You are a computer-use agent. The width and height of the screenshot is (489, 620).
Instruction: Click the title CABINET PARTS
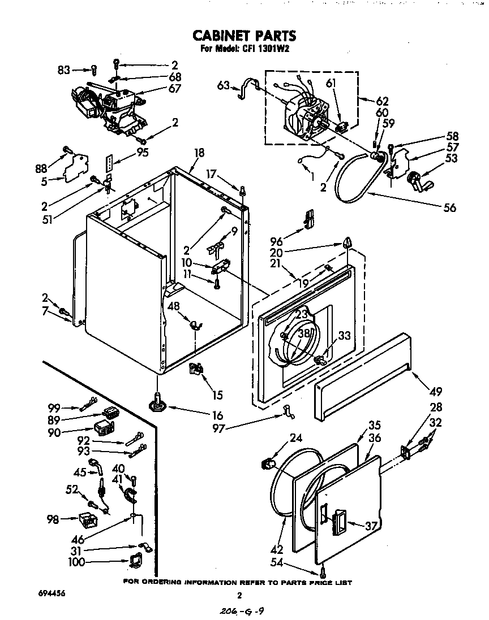244,36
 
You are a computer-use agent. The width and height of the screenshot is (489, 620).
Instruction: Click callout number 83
64,70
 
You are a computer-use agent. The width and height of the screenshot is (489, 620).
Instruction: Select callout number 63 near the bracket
224,86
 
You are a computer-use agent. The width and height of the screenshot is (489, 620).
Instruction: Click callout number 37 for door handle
371,526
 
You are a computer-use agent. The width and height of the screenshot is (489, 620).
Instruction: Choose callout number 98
53,519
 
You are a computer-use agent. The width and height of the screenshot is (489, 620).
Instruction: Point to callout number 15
217,395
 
